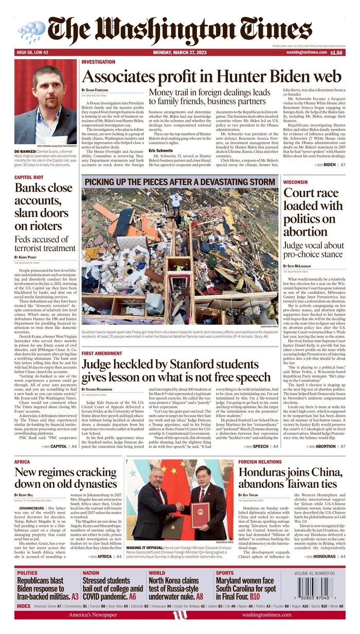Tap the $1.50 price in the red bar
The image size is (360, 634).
[x=336, y=52]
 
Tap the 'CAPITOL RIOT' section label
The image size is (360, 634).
[x=29, y=178]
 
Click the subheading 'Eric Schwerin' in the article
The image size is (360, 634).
[x=160, y=151]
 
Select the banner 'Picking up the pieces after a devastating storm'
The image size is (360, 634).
[x=179, y=182]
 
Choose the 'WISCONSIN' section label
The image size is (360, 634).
[x=296, y=182]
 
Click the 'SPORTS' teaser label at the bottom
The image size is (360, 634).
[x=225, y=573]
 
